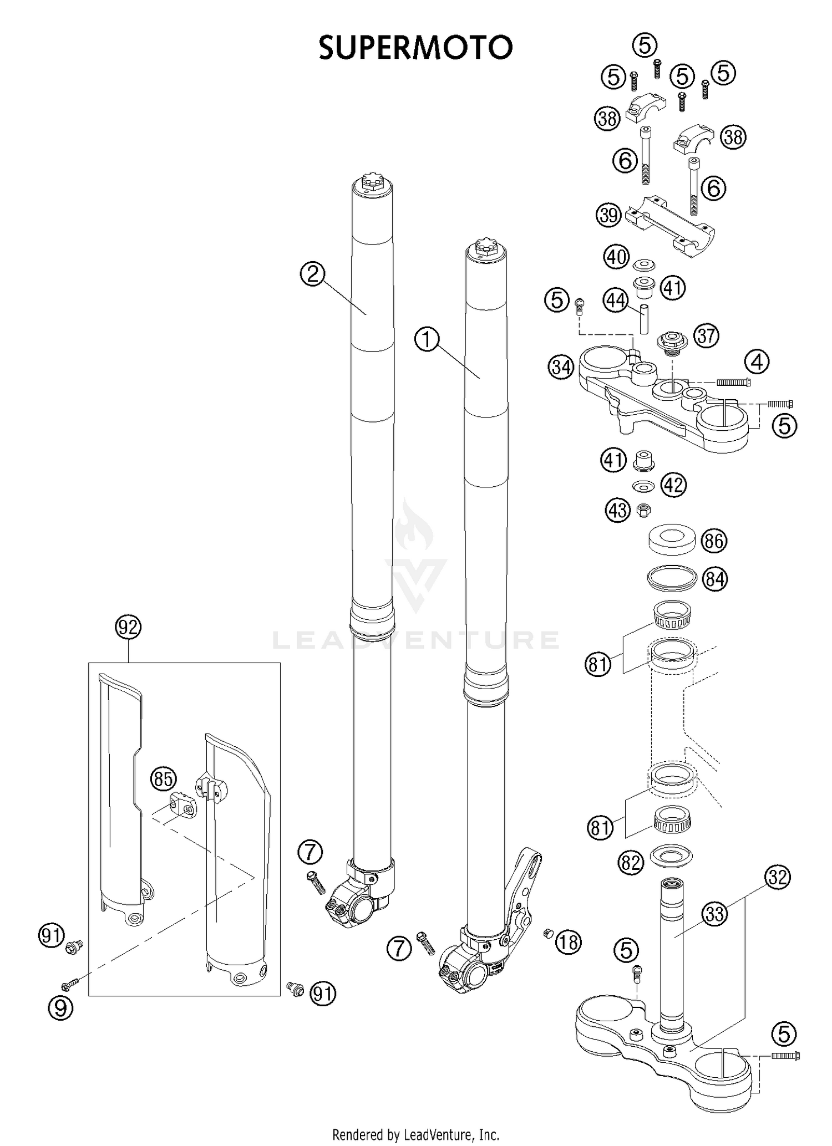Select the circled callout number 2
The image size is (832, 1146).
coord(313,274)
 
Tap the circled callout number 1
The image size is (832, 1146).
coord(427,339)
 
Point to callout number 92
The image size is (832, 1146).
coord(128,627)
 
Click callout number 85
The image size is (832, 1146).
coord(163,779)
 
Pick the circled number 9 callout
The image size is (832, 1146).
coord(61,1008)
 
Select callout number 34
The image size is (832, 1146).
coord(561,367)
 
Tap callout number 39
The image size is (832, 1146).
coord(609,215)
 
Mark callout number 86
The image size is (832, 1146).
coord(714,541)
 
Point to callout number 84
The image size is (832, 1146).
coord(714,579)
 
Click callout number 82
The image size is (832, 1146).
coord(631,862)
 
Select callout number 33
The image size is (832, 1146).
coord(715,913)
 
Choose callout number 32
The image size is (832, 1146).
coord(777,877)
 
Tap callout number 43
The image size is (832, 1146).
coord(618,510)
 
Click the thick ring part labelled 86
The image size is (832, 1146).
coord(672,540)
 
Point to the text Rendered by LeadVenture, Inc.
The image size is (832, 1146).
coord(415,1134)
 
